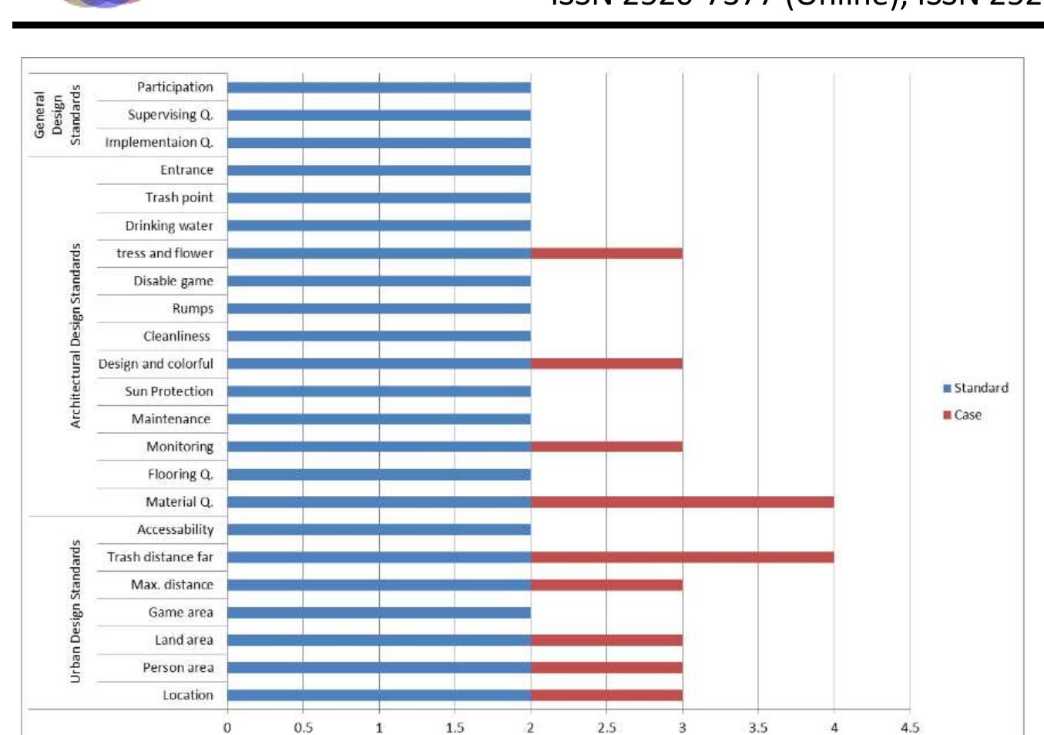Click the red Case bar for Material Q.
tap(682, 502)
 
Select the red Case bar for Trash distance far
tap(682, 557)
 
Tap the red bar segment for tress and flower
tap(606, 253)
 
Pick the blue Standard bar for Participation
tap(378, 88)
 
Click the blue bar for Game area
tap(378, 612)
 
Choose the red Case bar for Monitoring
tap(606, 447)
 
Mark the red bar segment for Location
tap(606, 696)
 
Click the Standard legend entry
tap(975, 388)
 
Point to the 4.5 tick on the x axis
tap(910, 727)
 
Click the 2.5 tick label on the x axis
tap(606, 727)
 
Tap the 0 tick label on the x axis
tap(227, 727)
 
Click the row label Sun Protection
tap(169, 391)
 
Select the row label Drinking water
tap(169, 226)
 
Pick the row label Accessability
tap(175, 529)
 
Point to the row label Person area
tap(178, 668)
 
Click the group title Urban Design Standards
tap(76, 611)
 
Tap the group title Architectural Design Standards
tap(76, 336)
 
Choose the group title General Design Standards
tap(57, 115)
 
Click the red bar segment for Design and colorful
tap(606, 364)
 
